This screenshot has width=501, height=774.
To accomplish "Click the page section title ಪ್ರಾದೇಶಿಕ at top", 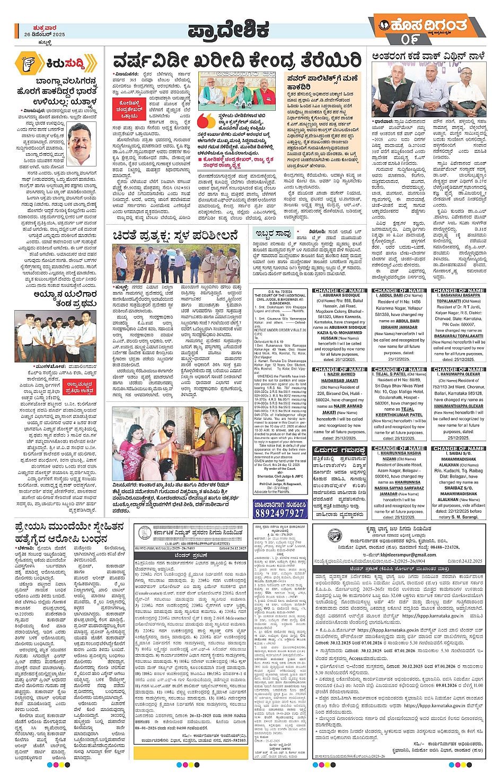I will coord(228,30).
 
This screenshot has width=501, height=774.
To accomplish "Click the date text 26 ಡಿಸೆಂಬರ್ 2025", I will coord(45,34).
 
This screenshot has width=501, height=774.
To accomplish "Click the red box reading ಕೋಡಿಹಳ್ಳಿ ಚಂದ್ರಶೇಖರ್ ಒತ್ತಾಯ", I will coord(129,109).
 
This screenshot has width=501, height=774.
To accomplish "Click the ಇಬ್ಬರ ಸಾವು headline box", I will coord(273,233).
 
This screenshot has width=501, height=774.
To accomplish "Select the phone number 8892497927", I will coord(279,513).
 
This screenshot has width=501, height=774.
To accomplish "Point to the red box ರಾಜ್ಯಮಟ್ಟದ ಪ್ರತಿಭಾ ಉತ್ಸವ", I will coord(80,388).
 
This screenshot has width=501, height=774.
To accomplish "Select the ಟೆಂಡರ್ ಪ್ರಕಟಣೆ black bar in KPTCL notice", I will coord(191,555).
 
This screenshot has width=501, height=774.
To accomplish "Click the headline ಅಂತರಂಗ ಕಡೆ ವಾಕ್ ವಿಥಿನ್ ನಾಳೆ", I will coord(428,56).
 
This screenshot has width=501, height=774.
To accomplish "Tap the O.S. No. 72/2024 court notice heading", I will coord(280,291).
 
